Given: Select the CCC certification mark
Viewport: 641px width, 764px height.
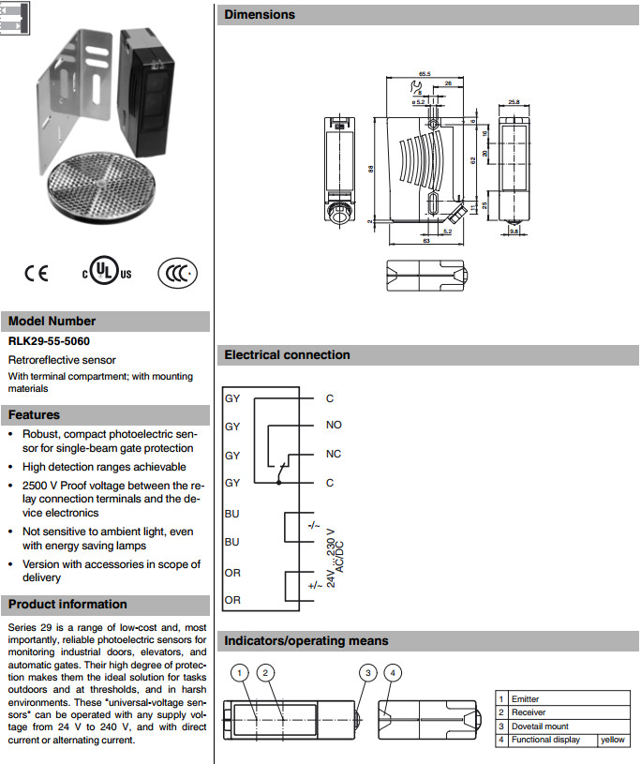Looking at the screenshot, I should pyautogui.click(x=177, y=272).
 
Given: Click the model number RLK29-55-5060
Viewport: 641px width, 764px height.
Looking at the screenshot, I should pyautogui.click(x=52, y=342).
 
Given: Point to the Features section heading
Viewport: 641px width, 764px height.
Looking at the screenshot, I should pyautogui.click(x=35, y=415).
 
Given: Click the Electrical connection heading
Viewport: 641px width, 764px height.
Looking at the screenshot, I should pyautogui.click(x=287, y=355).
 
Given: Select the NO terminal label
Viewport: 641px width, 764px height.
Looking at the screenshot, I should pyautogui.click(x=334, y=425).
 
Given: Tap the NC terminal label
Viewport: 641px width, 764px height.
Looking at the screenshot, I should pyautogui.click(x=334, y=455).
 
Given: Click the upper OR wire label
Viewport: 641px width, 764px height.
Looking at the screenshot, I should pyautogui.click(x=232, y=571).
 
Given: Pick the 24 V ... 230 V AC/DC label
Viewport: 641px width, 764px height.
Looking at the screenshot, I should pyautogui.click(x=335, y=563).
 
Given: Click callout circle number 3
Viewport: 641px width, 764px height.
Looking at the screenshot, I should pyautogui.click(x=369, y=672).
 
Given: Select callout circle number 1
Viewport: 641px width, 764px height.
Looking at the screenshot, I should pyautogui.click(x=241, y=672).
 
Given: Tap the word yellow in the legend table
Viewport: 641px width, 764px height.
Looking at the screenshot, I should pyautogui.click(x=613, y=740).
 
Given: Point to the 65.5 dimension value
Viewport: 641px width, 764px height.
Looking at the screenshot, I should pyautogui.click(x=425, y=73).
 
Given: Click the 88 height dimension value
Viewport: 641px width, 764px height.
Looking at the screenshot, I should pyautogui.click(x=369, y=169).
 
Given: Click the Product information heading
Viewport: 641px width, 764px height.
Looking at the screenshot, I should pyautogui.click(x=67, y=605).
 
